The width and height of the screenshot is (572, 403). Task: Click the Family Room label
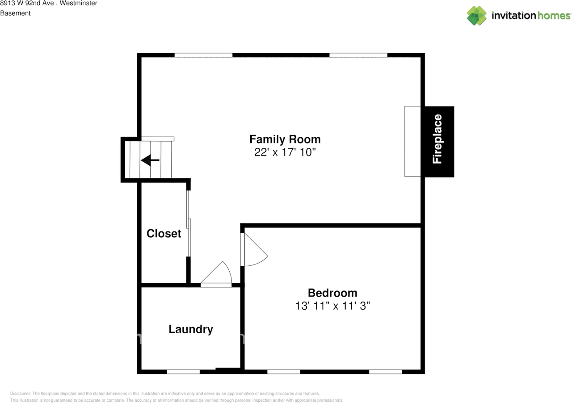[285, 139]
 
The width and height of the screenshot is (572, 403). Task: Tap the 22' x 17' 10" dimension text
[285, 152]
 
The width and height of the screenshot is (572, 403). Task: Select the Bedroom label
[332, 293]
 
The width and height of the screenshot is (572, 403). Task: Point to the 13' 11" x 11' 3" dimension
[332, 306]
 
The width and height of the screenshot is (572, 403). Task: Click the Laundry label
[191, 329]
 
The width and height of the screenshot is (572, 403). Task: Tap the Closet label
[164, 233]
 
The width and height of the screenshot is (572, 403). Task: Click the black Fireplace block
[439, 142]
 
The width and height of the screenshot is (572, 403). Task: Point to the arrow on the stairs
[150, 160]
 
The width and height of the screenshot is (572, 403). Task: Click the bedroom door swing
[255, 249]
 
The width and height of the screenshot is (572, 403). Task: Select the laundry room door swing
[217, 273]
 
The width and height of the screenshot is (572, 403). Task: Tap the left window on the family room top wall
[203, 55]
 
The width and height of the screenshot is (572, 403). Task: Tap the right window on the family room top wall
[358, 55]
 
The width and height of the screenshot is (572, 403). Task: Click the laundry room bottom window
[183, 372]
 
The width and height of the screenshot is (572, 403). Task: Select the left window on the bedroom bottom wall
[284, 372]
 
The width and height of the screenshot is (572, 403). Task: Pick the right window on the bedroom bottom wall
[386, 372]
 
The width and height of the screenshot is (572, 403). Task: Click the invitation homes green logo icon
[477, 16]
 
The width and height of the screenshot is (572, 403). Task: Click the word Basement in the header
[15, 13]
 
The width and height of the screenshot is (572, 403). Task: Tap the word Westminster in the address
[78, 3]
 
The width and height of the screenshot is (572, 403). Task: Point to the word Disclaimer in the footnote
[21, 394]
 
